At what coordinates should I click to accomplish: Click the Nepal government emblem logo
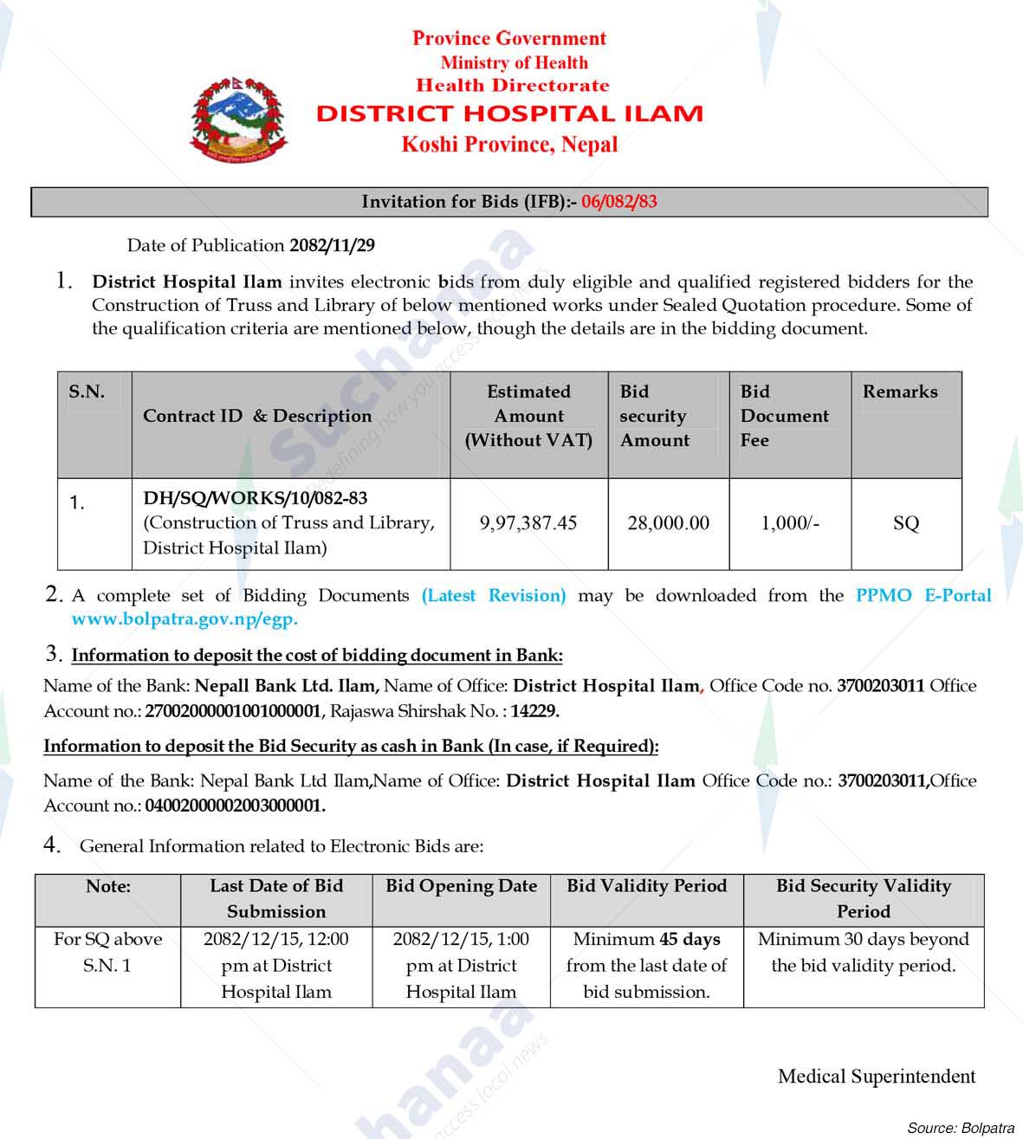(238, 120)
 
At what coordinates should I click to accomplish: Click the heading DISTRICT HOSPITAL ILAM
(509, 113)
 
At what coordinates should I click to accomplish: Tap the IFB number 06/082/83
(618, 202)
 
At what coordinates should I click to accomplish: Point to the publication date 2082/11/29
(332, 245)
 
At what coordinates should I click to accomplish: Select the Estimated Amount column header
(528, 416)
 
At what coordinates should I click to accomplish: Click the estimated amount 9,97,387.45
(528, 523)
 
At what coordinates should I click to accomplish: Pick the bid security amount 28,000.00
(668, 523)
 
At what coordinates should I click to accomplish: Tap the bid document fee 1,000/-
(789, 523)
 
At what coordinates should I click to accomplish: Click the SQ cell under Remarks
(905, 523)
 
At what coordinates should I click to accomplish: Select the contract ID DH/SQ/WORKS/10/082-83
(255, 498)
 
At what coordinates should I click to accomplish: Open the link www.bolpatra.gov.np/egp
(185, 619)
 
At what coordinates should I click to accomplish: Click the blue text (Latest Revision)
(494, 596)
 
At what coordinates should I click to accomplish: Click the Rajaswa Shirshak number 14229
(534, 711)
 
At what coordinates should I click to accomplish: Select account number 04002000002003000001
(235, 806)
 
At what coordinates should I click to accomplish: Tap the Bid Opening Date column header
(461, 886)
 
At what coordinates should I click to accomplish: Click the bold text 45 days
(690, 939)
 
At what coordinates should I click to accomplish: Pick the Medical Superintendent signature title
(876, 1077)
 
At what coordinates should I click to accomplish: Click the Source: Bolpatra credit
(960, 1127)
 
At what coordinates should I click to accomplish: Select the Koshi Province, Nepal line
(509, 145)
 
